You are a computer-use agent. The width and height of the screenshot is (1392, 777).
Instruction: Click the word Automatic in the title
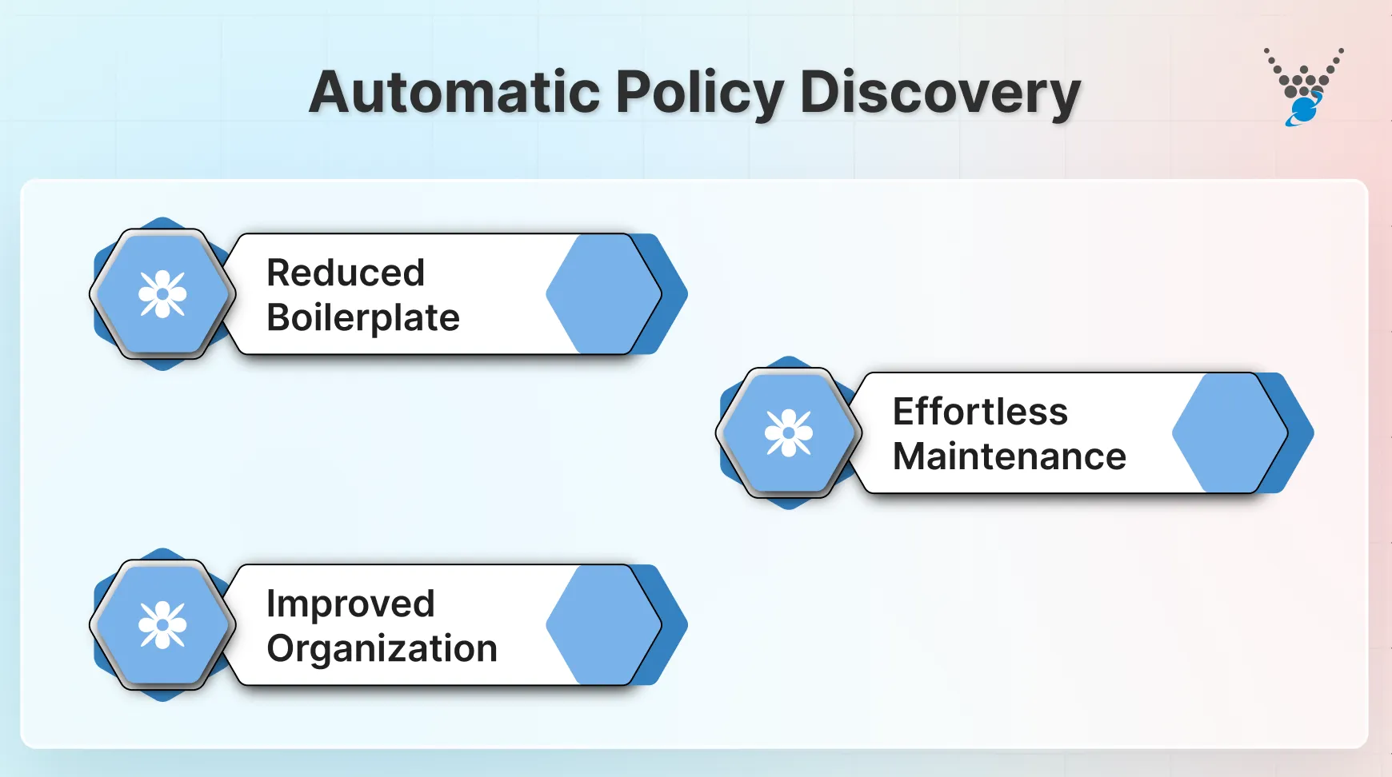pos(454,93)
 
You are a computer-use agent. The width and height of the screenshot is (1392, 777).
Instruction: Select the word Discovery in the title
pos(940,94)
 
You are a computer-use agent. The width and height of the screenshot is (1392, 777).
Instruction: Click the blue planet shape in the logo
pos(1305,109)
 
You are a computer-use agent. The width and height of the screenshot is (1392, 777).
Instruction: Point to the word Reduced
pos(345,273)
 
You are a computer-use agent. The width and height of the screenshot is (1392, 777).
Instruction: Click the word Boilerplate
pos(362,318)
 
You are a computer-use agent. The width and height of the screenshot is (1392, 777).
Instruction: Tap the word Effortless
pos(980,412)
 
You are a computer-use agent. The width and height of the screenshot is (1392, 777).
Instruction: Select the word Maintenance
pos(1009,457)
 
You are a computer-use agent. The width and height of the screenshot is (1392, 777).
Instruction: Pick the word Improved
pos(350,604)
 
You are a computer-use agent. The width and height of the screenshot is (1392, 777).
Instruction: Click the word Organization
pos(382,649)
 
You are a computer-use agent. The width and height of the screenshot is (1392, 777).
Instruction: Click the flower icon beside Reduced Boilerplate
pos(162,294)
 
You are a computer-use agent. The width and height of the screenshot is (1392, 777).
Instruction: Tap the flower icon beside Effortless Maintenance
pos(789,432)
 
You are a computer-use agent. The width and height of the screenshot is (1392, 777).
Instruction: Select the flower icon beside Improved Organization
pos(162,624)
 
